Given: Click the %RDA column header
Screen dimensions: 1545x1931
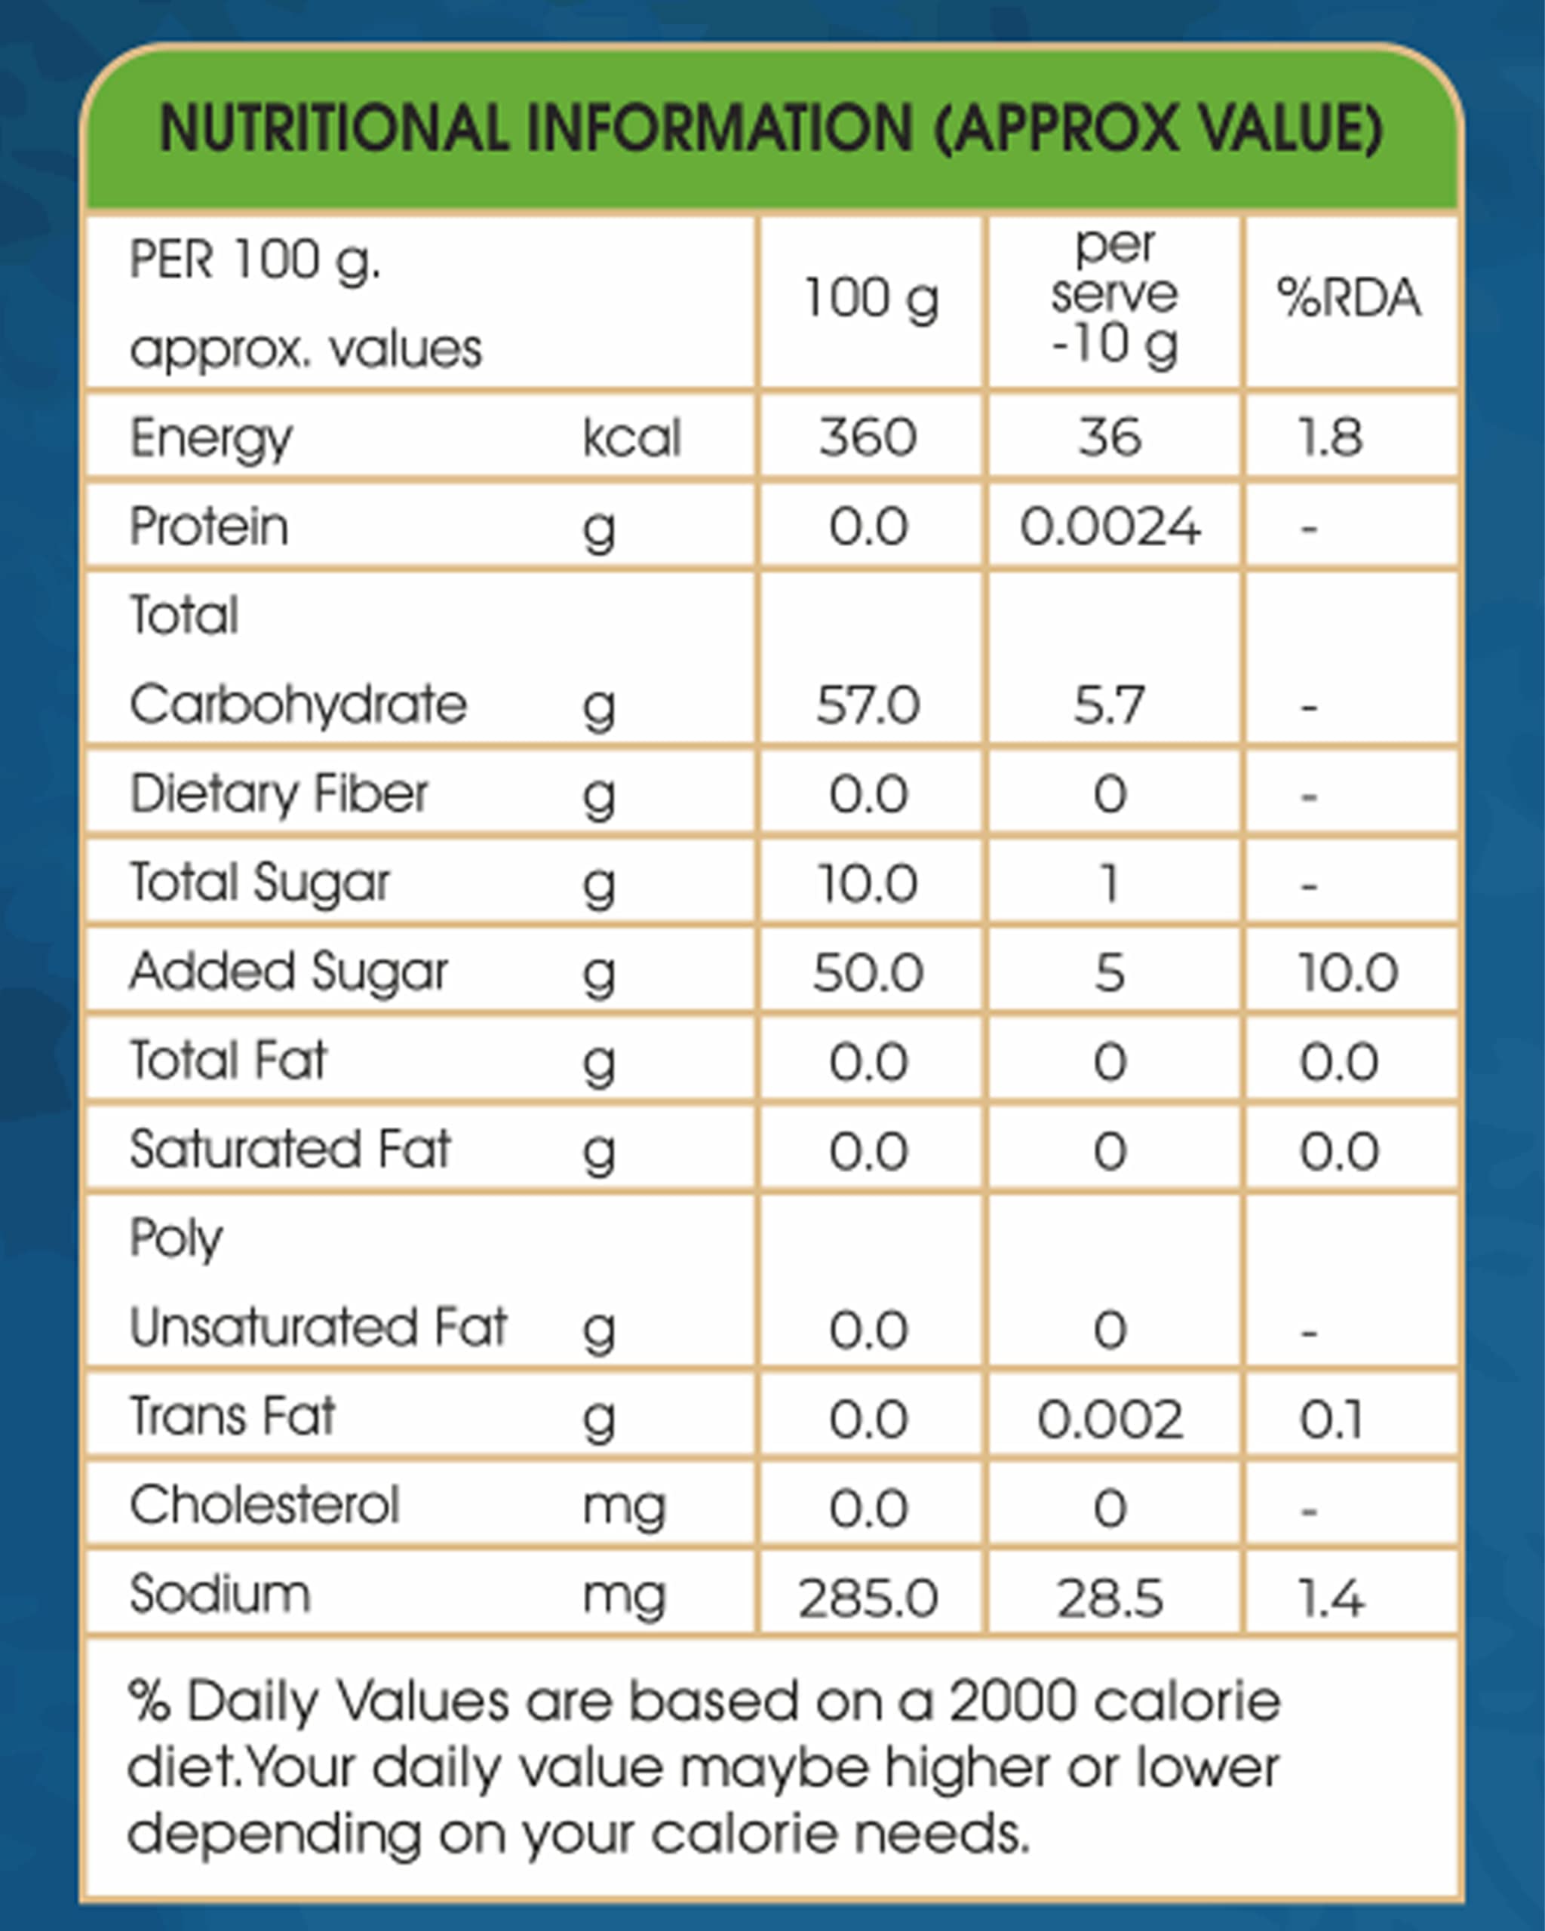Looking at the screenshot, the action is point(1349,297).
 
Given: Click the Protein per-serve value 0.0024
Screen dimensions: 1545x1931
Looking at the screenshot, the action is point(1110,526).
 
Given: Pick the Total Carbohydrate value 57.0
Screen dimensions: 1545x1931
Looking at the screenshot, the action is point(868,704).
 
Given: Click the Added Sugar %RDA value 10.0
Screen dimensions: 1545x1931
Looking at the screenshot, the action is point(1348,972).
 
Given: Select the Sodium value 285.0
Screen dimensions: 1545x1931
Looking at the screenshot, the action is point(868,1598).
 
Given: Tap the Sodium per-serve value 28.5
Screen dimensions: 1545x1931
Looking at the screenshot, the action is point(1110,1598).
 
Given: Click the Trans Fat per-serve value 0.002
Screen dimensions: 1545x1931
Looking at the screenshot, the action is point(1110,1420).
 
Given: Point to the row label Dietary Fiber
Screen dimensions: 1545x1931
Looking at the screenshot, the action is point(279,793).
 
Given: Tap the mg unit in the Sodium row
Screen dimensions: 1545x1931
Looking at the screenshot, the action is point(625,1598).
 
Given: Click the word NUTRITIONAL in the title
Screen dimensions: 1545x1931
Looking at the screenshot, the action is point(334,128).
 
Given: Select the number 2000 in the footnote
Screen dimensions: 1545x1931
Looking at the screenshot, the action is point(1012,1701).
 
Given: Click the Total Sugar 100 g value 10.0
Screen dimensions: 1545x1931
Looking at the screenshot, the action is point(868,883).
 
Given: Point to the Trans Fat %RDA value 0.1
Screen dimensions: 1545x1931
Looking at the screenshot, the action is point(1331,1420).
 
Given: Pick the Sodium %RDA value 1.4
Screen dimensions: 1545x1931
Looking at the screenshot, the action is point(1332,1598).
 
